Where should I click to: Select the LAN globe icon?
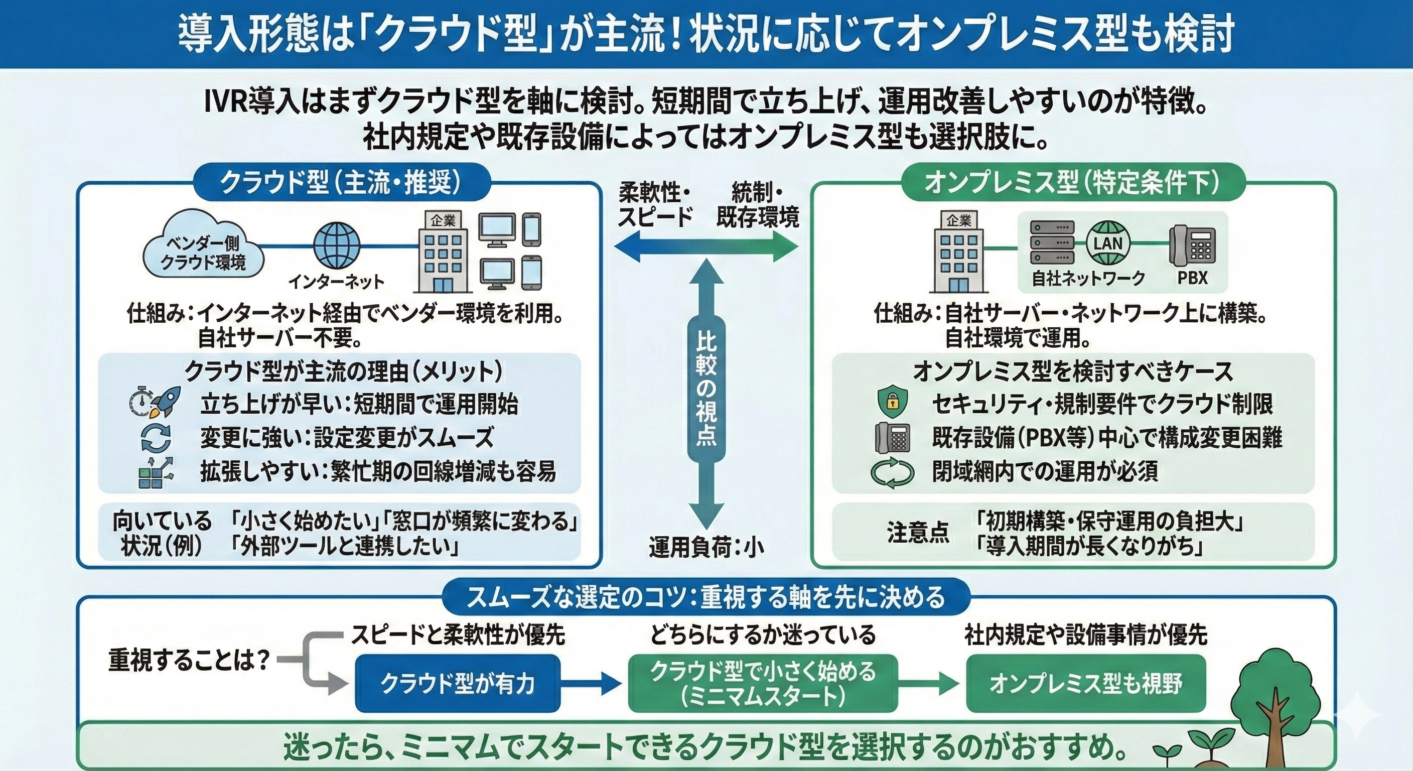1108,242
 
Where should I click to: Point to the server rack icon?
1052,242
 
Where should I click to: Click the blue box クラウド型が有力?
458,683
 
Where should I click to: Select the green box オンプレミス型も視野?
1085,683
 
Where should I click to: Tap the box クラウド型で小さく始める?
763,683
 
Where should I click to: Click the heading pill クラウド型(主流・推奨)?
340,183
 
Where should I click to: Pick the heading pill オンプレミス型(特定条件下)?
1072,183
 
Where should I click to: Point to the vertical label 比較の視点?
706,390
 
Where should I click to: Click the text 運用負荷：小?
706,547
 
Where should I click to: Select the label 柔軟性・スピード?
655,205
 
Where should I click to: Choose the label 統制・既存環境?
758,205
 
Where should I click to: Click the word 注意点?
918,532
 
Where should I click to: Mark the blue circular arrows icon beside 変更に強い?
156,438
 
